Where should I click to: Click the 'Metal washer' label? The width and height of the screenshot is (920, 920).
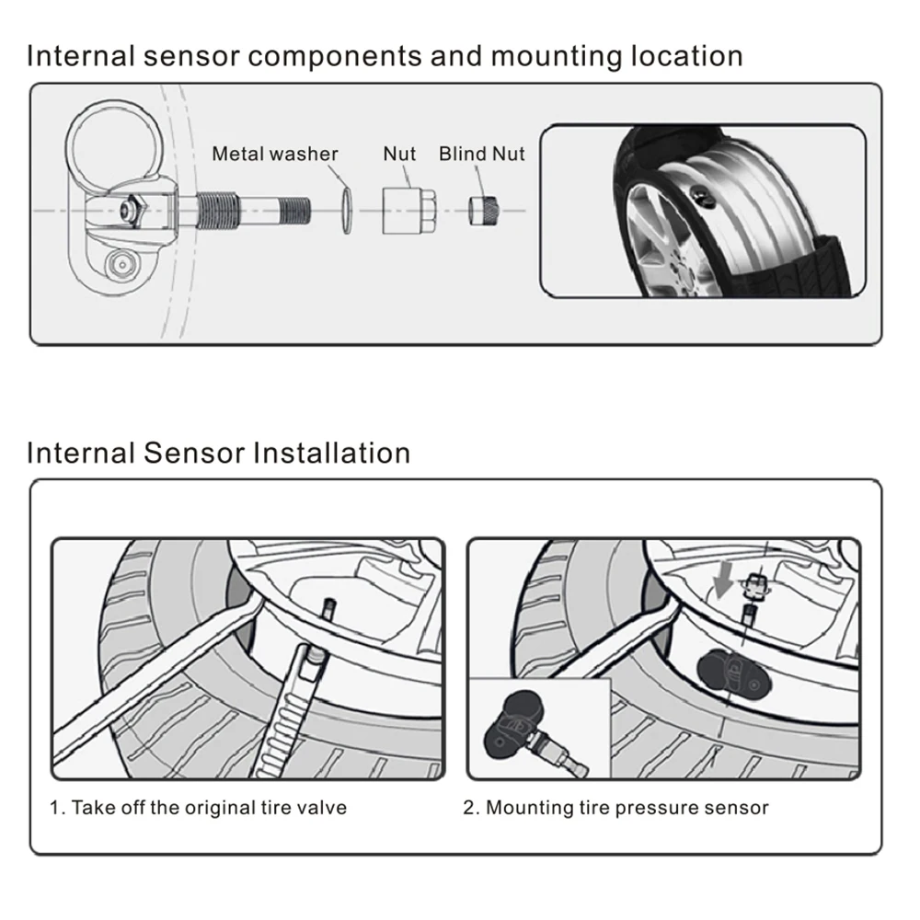(x=275, y=154)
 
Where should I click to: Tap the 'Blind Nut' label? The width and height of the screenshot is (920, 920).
(x=481, y=154)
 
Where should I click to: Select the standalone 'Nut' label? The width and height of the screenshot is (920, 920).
(x=399, y=154)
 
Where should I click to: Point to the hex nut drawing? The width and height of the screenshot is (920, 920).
(x=406, y=210)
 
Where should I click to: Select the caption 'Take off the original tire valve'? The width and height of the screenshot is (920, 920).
(x=198, y=808)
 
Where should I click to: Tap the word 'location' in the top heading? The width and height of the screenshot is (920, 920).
(x=686, y=56)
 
